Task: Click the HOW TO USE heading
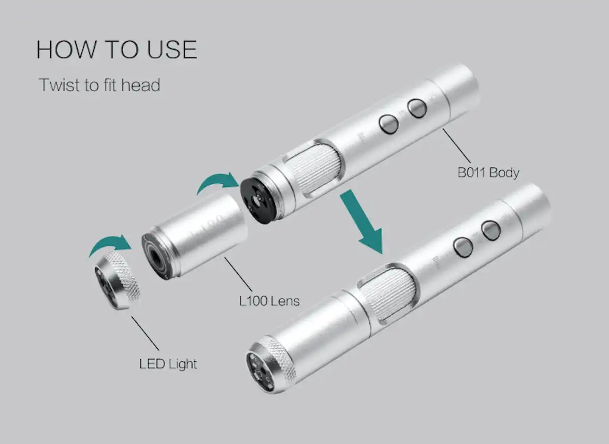pyautogui.click(x=117, y=50)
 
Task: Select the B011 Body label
pyautogui.click(x=488, y=172)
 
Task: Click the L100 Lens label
pyautogui.click(x=269, y=301)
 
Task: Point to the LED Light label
pyautogui.click(x=168, y=364)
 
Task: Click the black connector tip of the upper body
pyautogui.click(x=259, y=199)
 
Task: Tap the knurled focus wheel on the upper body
pyautogui.click(x=314, y=166)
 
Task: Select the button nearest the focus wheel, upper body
pyautogui.click(x=389, y=124)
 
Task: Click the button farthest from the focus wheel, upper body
pyautogui.click(x=417, y=108)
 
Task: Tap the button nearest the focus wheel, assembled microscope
pyautogui.click(x=463, y=247)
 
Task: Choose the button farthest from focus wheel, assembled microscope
pyautogui.click(x=491, y=230)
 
